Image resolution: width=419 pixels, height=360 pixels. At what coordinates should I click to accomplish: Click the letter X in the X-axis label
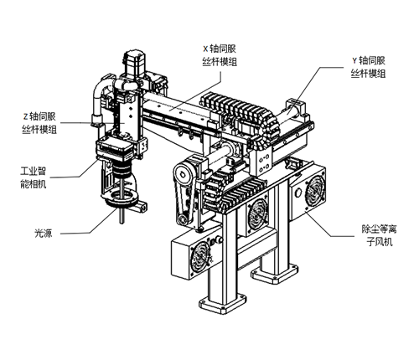205,49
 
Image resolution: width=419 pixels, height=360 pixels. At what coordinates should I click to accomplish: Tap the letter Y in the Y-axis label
354,60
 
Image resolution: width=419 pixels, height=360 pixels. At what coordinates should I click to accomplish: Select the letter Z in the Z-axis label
26,116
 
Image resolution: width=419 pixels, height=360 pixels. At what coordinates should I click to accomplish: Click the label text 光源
44,233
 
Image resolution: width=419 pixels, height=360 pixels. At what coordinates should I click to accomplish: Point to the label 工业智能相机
34,177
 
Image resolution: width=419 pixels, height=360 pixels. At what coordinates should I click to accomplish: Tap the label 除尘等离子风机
380,235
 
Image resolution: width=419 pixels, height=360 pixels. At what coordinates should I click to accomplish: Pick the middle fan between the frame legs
257,213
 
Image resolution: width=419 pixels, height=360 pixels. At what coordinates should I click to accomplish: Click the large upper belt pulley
182,174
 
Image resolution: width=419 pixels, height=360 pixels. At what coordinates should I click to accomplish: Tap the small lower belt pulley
183,219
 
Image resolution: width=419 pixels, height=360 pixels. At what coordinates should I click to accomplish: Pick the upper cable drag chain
241,114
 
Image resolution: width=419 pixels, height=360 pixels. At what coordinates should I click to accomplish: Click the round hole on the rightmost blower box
298,193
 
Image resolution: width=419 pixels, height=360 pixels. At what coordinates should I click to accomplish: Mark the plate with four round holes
263,163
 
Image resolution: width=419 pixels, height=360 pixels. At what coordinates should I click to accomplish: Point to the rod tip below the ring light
122,222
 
